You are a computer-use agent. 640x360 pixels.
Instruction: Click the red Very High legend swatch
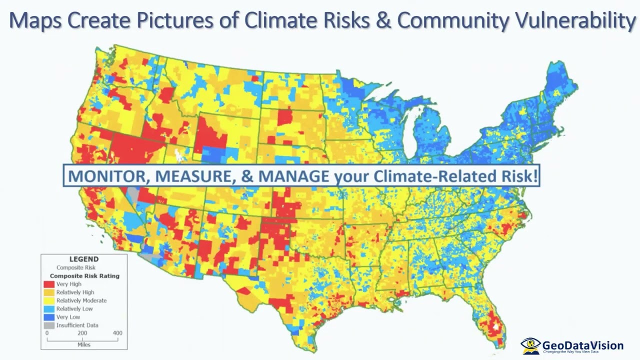(x=49, y=284)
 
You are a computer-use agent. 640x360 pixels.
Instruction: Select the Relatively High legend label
(x=75, y=292)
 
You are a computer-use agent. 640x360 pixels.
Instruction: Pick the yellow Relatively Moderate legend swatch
(x=49, y=300)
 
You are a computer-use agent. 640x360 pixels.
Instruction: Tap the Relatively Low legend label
(x=74, y=309)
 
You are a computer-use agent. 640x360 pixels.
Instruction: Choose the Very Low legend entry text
(x=68, y=317)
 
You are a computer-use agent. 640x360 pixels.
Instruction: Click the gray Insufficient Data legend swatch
(x=49, y=325)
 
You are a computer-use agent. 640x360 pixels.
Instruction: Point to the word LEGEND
(x=84, y=259)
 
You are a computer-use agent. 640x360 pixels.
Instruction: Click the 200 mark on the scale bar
(x=82, y=333)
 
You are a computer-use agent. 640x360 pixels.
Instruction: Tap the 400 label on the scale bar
(x=117, y=333)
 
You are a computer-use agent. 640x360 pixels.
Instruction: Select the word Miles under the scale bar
(x=84, y=344)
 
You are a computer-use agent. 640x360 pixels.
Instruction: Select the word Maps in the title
(x=35, y=20)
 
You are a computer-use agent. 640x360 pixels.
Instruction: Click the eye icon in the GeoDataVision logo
(x=530, y=344)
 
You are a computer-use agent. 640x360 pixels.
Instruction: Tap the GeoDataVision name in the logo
(x=583, y=345)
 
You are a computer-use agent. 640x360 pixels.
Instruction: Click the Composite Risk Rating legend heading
(x=84, y=276)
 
